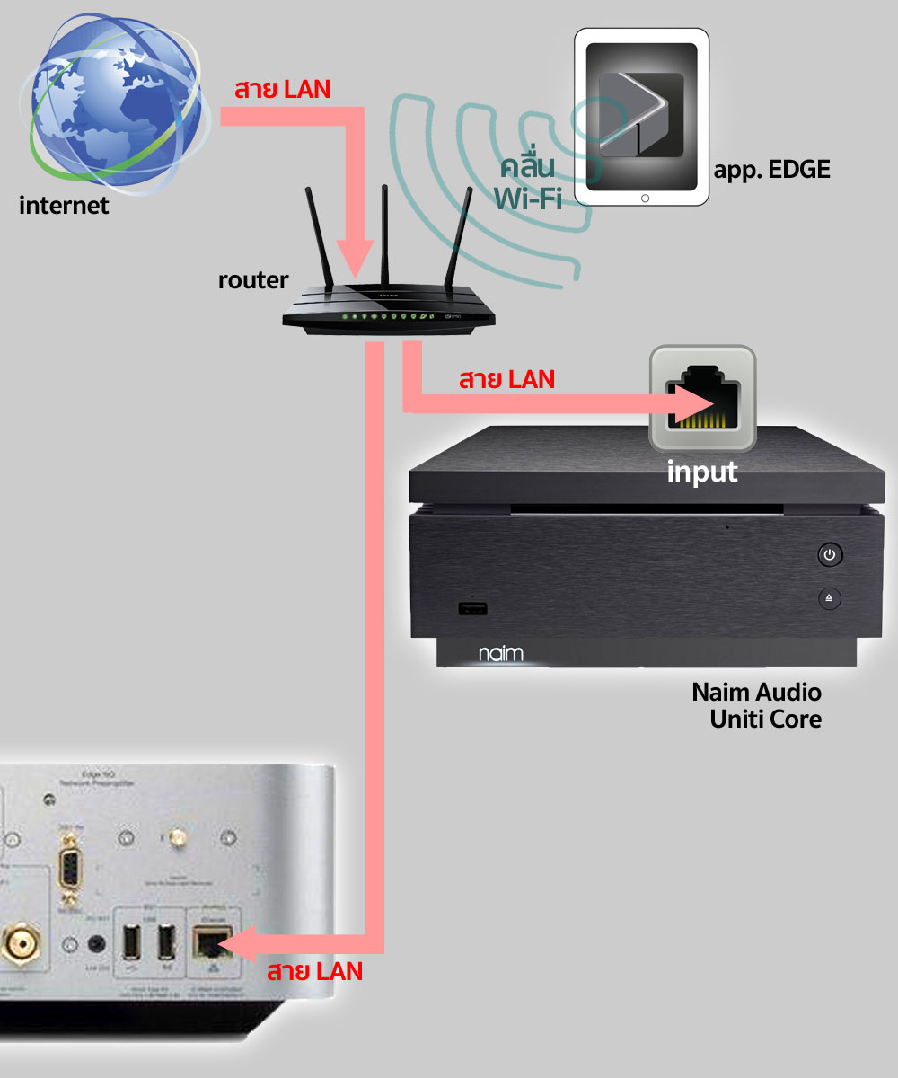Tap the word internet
(64, 206)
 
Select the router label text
(253, 280)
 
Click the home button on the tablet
(643, 198)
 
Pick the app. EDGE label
(771, 170)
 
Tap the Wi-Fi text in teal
(528, 197)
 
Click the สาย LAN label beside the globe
(282, 90)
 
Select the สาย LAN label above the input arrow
(506, 379)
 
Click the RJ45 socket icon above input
(703, 399)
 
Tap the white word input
(701, 471)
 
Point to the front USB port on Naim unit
(472, 610)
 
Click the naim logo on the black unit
(499, 653)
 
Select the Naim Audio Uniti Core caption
(756, 705)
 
